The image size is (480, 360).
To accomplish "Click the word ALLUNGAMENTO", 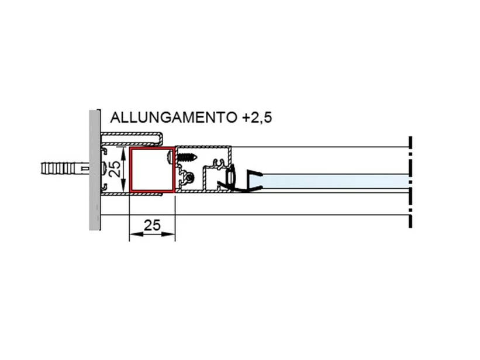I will coord(173,117).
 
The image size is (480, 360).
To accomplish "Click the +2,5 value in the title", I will coord(257,117).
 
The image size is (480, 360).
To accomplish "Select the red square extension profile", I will coord(151,169).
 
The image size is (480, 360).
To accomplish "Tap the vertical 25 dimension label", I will coord(116,169).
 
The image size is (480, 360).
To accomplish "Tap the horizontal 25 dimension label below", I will coord(152,225).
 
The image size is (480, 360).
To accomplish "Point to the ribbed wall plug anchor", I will coord(62,169).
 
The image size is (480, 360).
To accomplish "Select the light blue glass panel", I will coord(336,181).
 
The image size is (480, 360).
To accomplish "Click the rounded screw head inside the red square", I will coord(171,157).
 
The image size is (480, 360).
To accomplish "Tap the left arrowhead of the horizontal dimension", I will coord(132,235).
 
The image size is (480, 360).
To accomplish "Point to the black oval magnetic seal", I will coord(231,175).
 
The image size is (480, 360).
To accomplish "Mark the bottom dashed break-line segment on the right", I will coord(412,220).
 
